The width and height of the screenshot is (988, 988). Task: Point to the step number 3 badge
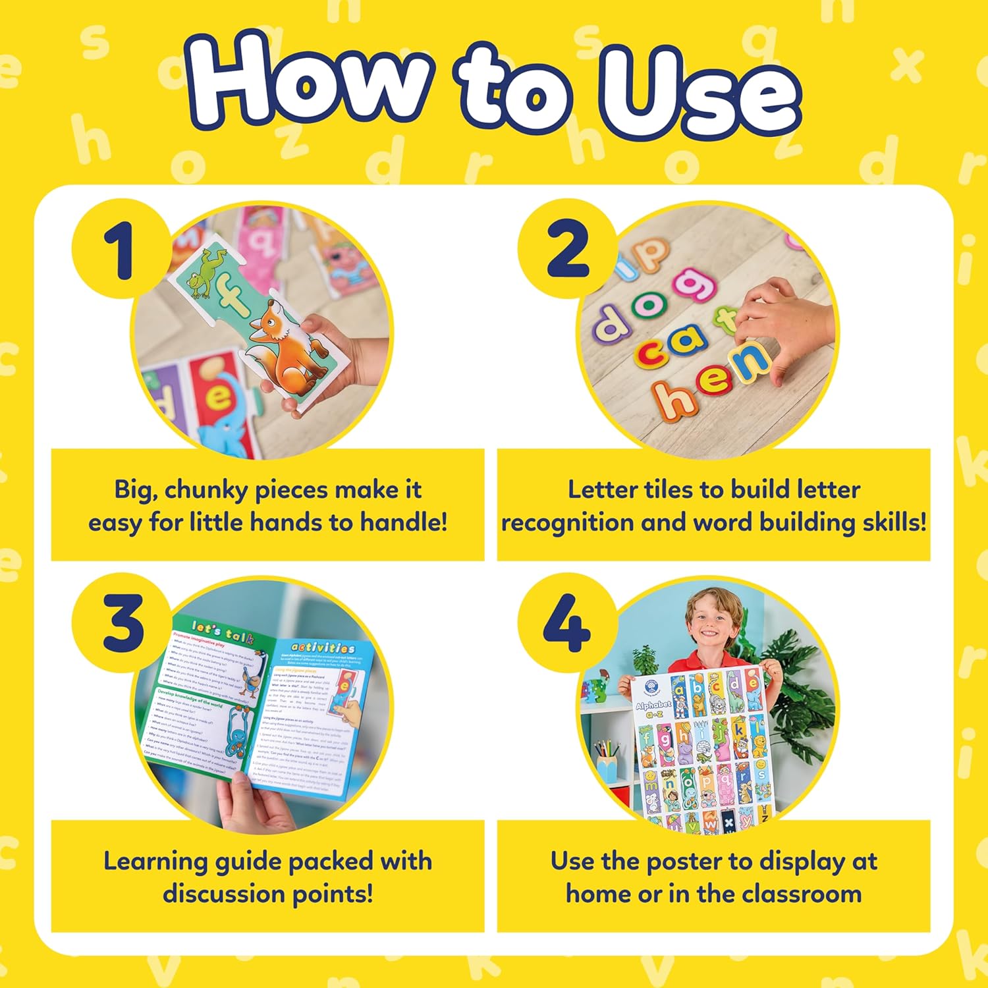[x=123, y=623]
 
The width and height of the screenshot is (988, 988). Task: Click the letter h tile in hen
[x=672, y=398]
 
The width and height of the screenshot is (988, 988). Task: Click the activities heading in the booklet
[x=323, y=648]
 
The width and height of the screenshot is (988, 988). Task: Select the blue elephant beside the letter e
[x=227, y=422]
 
